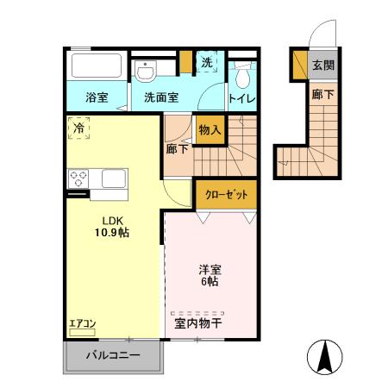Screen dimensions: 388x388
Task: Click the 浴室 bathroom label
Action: click(97, 97)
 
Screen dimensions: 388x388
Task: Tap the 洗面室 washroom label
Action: click(161, 97)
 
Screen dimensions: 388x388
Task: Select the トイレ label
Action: click(242, 98)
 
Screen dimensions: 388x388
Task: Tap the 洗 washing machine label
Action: click(207, 62)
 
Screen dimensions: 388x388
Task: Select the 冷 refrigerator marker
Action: click(78, 130)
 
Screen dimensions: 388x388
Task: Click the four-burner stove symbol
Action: click(79, 179)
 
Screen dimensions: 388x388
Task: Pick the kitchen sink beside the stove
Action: click(113, 179)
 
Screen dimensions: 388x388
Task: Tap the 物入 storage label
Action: click(210, 130)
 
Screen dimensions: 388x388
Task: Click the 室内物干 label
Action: click(198, 324)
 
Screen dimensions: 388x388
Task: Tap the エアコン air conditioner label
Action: click(83, 324)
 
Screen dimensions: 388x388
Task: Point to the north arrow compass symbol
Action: click(324, 355)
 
